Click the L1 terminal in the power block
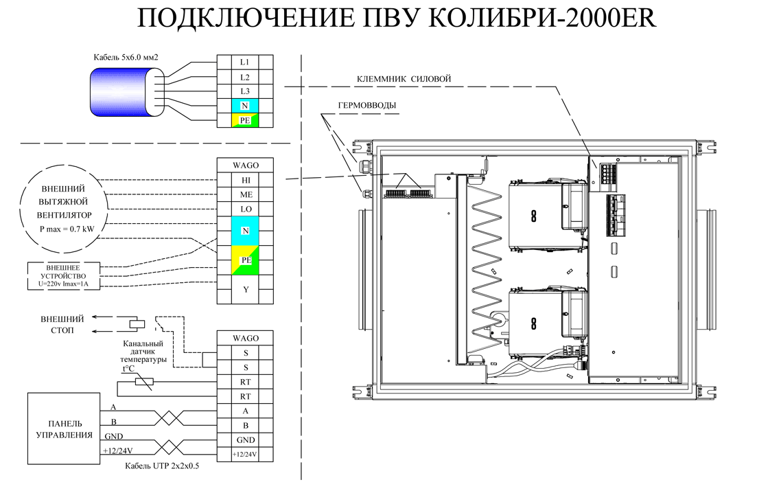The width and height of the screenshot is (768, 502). click(x=244, y=62)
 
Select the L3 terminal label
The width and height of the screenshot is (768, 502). click(x=244, y=91)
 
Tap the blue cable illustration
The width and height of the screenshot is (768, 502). click(x=126, y=92)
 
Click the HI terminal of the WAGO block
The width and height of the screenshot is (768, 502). click(x=246, y=180)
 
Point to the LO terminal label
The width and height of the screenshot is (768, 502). click(x=246, y=209)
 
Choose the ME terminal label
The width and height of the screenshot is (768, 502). click(x=246, y=194)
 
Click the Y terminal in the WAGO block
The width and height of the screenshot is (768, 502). click(x=246, y=289)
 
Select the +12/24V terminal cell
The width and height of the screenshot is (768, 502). click(x=244, y=455)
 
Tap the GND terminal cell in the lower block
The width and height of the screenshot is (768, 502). click(x=244, y=440)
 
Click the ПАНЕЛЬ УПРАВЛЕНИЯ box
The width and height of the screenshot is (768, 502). click(x=64, y=429)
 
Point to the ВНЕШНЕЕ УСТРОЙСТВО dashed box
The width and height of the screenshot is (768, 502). click(x=63, y=276)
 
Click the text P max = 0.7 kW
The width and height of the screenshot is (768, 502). click(x=67, y=229)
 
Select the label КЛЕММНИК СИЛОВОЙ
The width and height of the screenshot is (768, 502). click(x=404, y=78)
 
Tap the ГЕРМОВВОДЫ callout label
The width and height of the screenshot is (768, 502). click(x=367, y=105)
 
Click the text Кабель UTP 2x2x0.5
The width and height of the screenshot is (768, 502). click(x=162, y=466)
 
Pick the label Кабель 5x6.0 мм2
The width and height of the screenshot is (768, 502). click(x=126, y=58)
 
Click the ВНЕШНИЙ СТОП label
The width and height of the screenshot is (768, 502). click(x=62, y=325)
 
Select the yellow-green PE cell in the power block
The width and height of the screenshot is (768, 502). click(x=245, y=120)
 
